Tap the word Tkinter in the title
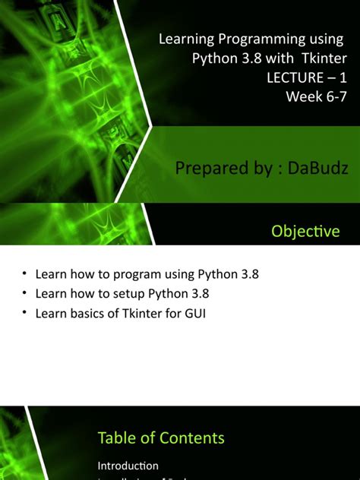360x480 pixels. click(324, 58)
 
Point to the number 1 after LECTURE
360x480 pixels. click(343, 77)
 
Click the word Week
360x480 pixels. click(302, 96)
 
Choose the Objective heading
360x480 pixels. click(305, 231)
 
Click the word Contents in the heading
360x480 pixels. click(192, 437)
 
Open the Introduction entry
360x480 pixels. click(128, 465)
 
